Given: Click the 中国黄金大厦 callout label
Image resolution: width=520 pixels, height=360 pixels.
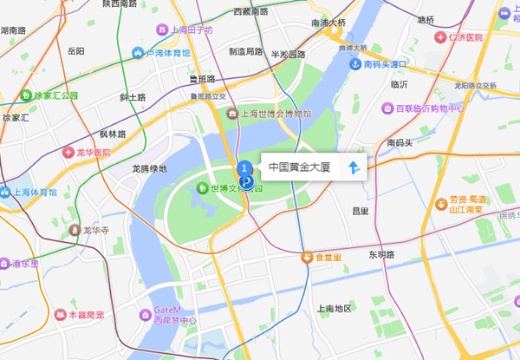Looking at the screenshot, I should click(300, 166).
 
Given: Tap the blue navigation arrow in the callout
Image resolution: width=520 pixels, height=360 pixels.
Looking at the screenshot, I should click(354, 167).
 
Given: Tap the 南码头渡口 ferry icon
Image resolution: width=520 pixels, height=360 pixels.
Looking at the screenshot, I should click(355, 64).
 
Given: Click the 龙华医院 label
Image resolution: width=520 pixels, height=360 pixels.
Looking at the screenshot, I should click(91, 152).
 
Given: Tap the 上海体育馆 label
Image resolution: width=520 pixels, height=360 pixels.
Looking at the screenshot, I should click(35, 193).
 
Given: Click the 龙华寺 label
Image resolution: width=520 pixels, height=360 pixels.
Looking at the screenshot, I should click(94, 231).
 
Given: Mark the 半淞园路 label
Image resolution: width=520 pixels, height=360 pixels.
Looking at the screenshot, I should click(289, 54).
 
